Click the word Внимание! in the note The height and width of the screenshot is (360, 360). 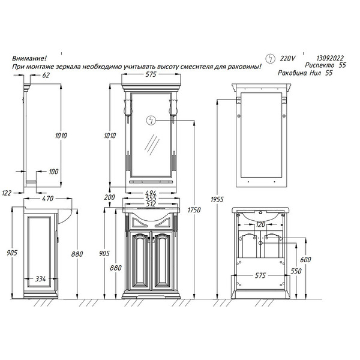click(x=29, y=58)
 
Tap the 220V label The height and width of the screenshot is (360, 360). click(x=287, y=59)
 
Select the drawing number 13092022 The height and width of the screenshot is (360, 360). click(x=330, y=58)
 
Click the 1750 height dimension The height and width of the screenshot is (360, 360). click(x=194, y=210)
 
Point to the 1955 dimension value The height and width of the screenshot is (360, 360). click(x=217, y=199)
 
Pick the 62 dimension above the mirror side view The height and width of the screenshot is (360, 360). click(x=46, y=75)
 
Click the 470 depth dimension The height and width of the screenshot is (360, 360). click(x=48, y=199)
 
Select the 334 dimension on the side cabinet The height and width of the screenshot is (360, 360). click(x=40, y=279)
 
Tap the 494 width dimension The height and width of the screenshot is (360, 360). click(x=151, y=193)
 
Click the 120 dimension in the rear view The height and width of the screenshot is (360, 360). click(x=260, y=224)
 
